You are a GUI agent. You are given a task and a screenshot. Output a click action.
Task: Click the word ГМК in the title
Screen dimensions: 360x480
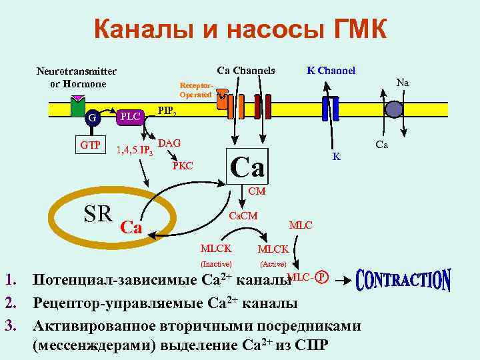[354, 30]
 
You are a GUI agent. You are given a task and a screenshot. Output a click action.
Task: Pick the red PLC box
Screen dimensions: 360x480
[130, 117]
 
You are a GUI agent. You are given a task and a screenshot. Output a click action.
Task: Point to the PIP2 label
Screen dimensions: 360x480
[167, 111]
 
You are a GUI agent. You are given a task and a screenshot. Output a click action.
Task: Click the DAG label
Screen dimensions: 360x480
[170, 143]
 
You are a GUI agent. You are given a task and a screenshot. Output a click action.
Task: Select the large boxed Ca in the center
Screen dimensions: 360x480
[248, 165]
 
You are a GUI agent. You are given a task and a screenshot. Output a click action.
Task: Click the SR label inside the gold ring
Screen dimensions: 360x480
[98, 214]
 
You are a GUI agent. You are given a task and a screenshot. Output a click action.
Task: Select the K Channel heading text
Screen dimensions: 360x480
[330, 71]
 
